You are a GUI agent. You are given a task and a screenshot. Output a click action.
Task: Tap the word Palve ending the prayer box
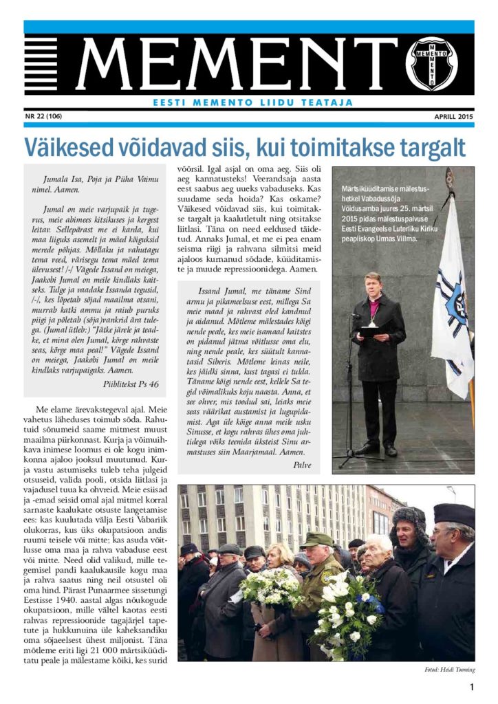pyautogui.click(x=301, y=465)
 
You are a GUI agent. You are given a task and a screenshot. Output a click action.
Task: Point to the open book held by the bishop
pyautogui.click(x=371, y=331)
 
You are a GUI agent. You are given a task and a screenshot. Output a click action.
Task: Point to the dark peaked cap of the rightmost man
pyautogui.click(x=453, y=515)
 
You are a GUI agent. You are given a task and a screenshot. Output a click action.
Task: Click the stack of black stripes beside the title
pyautogui.click(x=41, y=65)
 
